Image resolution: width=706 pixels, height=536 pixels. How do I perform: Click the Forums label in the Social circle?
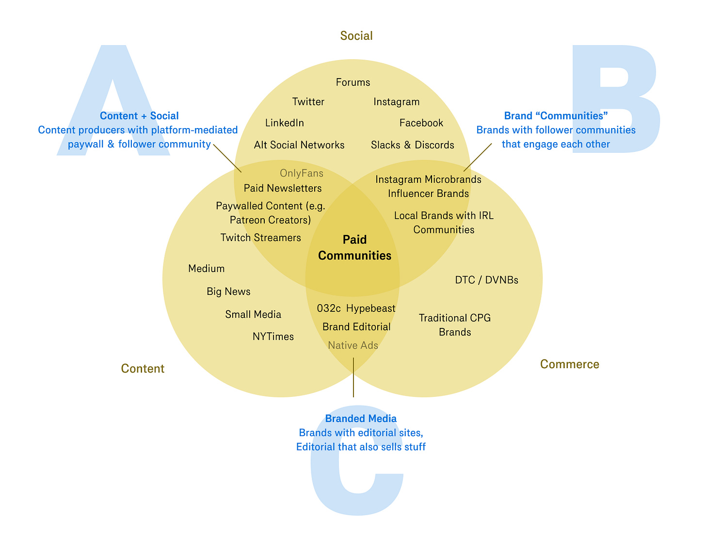pyautogui.click(x=353, y=82)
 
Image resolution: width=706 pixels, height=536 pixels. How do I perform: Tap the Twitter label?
pyautogui.click(x=308, y=102)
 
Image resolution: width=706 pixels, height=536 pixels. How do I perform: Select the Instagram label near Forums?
pyautogui.click(x=397, y=102)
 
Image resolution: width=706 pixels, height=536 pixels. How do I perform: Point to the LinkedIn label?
pyautogui.click(x=285, y=123)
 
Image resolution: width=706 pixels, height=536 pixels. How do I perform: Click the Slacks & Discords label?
pyautogui.click(x=413, y=145)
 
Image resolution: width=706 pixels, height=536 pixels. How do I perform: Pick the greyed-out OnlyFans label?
pyautogui.click(x=302, y=173)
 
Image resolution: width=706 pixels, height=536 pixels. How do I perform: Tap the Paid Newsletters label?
pyautogui.click(x=283, y=188)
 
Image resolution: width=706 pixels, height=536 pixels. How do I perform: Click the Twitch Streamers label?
pyautogui.click(x=261, y=238)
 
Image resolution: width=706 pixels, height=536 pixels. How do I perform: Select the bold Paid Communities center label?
pyautogui.click(x=355, y=248)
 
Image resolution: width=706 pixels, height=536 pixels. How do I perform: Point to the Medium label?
pyautogui.click(x=207, y=269)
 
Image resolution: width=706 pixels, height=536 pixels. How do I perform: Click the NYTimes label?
pyautogui.click(x=273, y=337)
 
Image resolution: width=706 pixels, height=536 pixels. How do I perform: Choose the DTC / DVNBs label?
pyautogui.click(x=487, y=280)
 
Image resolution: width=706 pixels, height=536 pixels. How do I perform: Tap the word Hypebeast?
pyautogui.click(x=371, y=309)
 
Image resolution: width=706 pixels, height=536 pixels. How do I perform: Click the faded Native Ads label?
pyautogui.click(x=353, y=345)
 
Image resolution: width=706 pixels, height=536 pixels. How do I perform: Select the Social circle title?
pyautogui.click(x=356, y=36)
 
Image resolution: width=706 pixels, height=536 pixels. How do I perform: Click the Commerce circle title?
pyautogui.click(x=570, y=364)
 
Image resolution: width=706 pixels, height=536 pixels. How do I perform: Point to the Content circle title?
pyautogui.click(x=143, y=369)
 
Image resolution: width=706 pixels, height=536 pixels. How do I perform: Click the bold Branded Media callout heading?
pyautogui.click(x=361, y=419)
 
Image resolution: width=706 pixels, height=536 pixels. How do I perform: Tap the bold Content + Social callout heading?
pyautogui.click(x=139, y=116)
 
